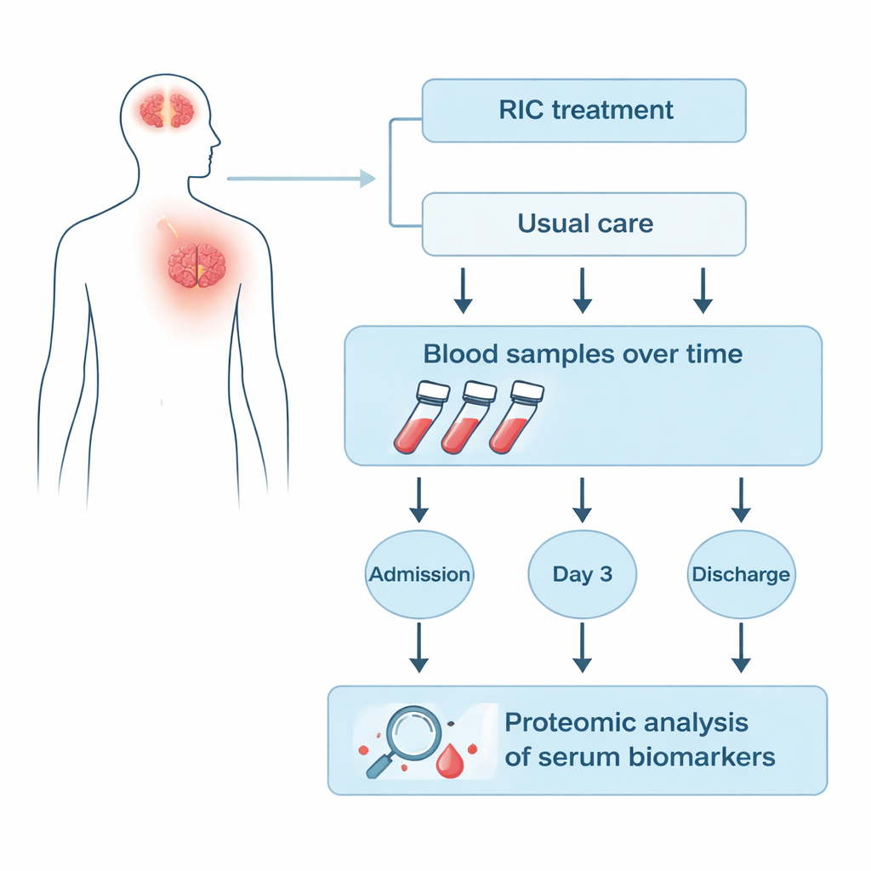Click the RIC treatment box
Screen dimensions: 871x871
[584, 111]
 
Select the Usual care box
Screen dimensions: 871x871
[584, 225]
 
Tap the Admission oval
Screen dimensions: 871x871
[419, 574]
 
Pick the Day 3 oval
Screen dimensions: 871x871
[582, 574]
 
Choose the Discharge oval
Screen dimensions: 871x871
[740, 574]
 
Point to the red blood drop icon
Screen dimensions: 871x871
[449, 760]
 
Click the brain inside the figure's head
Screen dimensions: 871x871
[167, 111]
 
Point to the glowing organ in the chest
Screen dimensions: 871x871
[196, 265]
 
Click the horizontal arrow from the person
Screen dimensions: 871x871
[301, 179]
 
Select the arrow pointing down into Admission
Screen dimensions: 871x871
[418, 499]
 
